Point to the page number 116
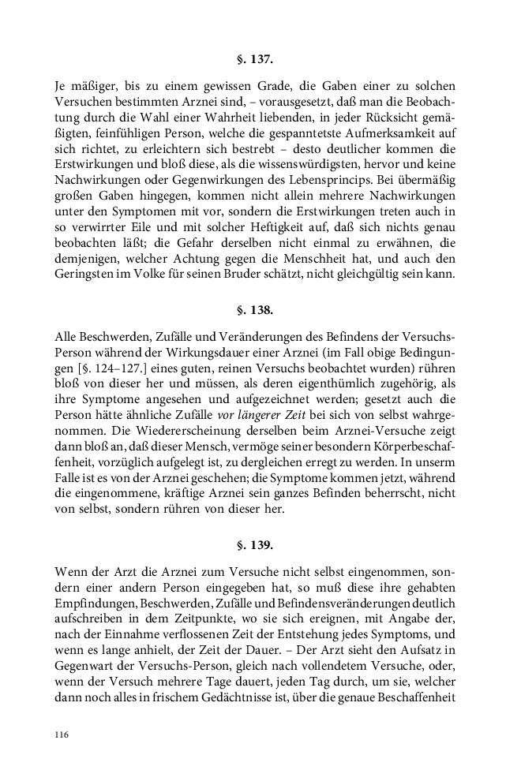[x=62, y=734]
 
